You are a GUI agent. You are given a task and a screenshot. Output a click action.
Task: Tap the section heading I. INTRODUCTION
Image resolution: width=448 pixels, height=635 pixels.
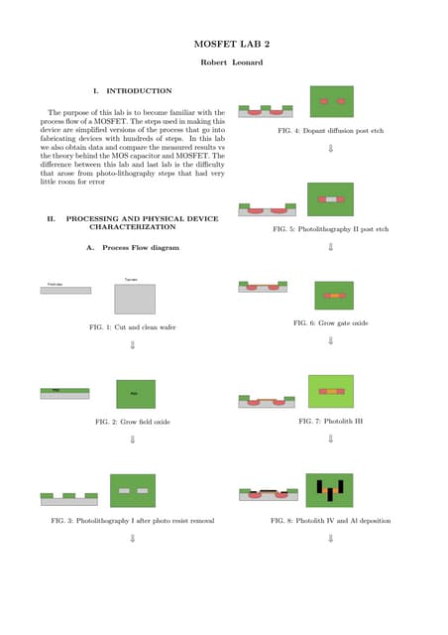click(132, 90)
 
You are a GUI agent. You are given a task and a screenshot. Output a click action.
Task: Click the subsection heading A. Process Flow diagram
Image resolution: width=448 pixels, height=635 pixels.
click(133, 247)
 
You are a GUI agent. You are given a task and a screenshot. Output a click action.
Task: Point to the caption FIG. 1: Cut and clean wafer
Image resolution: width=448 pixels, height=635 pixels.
click(132, 326)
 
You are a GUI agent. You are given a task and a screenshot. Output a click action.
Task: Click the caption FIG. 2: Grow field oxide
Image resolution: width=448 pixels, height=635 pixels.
click(132, 422)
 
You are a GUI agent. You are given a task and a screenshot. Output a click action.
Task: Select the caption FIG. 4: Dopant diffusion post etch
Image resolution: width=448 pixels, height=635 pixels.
click(330, 131)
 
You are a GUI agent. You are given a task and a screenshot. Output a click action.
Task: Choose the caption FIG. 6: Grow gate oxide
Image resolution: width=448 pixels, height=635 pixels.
click(330, 323)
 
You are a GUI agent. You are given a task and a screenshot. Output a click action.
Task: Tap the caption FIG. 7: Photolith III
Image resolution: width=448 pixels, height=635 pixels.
click(330, 421)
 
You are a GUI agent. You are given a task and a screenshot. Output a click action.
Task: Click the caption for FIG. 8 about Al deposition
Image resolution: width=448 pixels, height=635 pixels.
click(330, 520)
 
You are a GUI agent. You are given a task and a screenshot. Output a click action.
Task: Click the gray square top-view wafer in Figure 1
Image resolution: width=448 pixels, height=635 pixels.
click(135, 299)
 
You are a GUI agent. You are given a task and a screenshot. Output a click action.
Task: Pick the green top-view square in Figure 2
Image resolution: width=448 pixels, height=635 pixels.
click(136, 394)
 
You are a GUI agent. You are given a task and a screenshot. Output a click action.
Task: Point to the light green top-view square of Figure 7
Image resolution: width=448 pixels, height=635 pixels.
click(331, 392)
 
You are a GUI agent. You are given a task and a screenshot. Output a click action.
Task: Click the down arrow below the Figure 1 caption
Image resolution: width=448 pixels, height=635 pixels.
click(132, 345)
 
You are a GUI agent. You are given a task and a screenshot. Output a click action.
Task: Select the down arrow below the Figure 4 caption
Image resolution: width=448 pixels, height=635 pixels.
click(330, 149)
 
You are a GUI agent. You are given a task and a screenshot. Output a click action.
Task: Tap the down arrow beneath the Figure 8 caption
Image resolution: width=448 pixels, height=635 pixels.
click(330, 539)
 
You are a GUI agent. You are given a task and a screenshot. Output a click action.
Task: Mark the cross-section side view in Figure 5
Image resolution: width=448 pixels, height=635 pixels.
click(268, 209)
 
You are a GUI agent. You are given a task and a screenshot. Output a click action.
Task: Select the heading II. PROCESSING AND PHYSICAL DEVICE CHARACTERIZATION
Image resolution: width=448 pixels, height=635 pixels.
click(133, 222)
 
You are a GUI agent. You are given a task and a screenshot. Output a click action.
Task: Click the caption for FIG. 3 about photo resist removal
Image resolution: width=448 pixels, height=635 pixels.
click(132, 520)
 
